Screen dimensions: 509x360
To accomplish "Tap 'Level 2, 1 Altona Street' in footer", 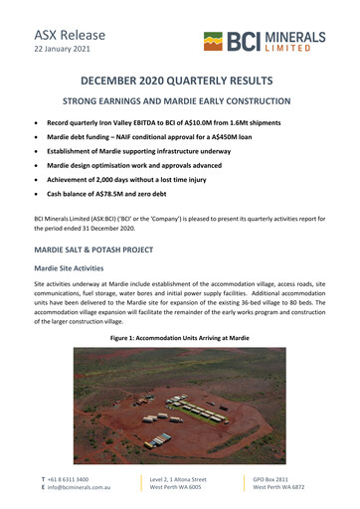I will (178, 478).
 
